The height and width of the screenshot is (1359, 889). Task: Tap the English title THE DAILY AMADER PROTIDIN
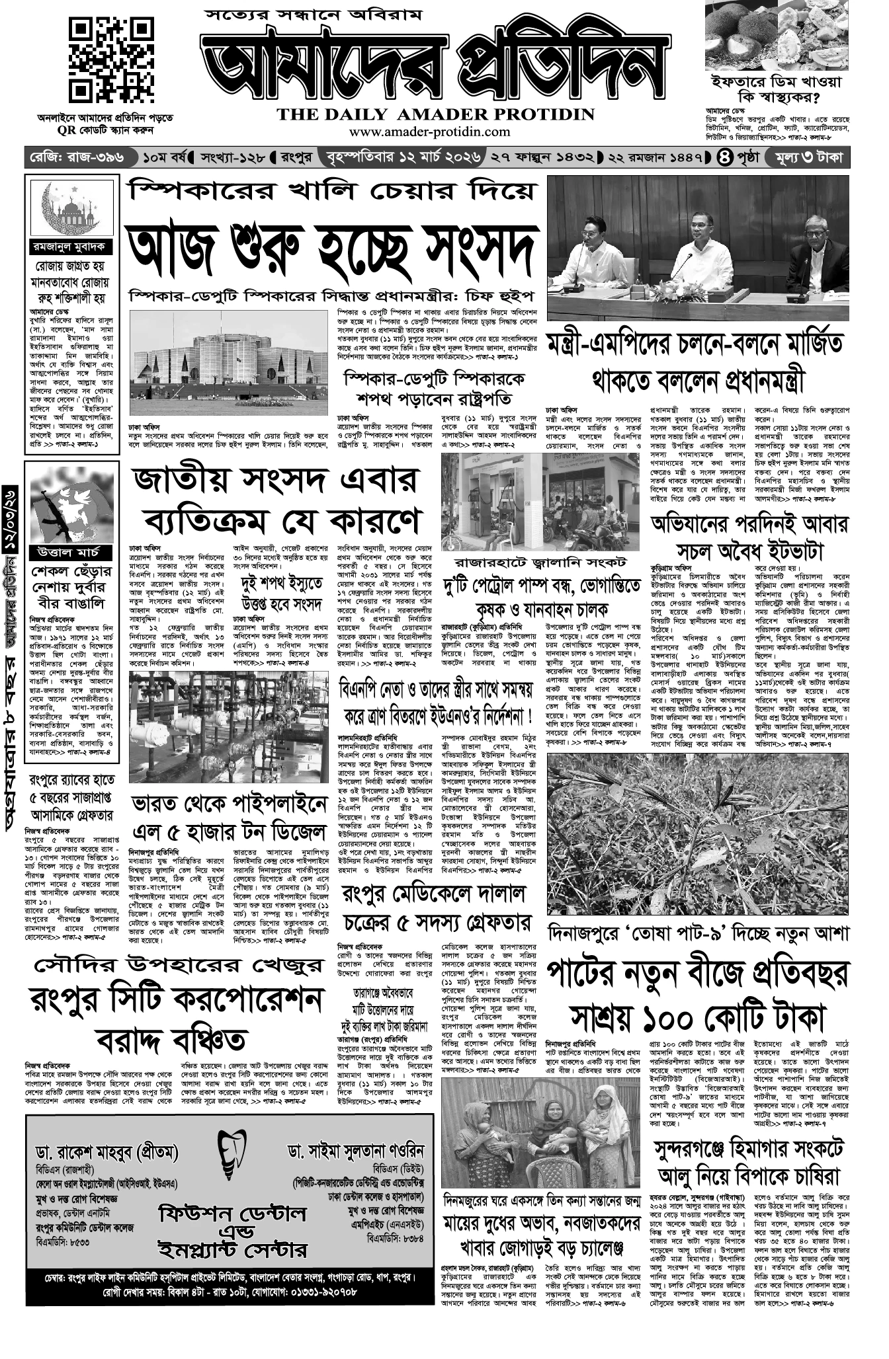point(435,114)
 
